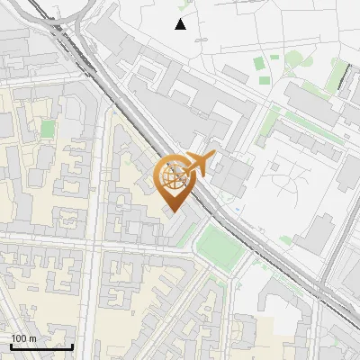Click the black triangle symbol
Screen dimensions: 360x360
pos(181,24)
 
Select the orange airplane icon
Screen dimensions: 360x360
pos(198,165)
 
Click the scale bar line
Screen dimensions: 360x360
pos(41,346)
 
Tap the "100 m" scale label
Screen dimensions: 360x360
pos(23,338)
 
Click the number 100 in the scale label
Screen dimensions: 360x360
pos(19,338)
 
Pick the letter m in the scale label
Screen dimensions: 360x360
pos(32,338)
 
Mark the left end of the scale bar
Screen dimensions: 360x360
pos(11,346)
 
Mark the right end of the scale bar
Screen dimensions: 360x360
pos(72,346)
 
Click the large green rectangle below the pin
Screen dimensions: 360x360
pos(220,246)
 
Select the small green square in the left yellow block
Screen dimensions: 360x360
pos(46,129)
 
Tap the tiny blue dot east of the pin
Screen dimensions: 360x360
pos(237,211)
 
